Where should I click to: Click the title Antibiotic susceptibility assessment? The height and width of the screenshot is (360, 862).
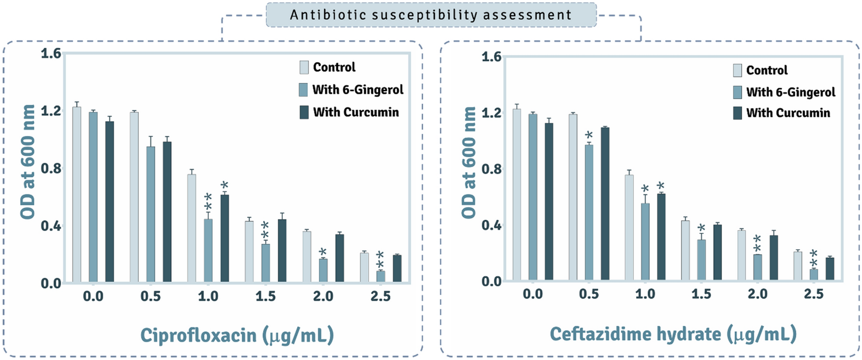pos(431,15)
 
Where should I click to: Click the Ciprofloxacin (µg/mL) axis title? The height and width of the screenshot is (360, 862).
pos(237,336)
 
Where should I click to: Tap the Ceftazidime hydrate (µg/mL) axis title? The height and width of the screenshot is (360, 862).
pos(673,334)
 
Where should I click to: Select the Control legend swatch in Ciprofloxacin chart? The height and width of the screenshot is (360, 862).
pos(304,67)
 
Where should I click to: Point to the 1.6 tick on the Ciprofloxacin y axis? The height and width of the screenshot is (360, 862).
pos(51,53)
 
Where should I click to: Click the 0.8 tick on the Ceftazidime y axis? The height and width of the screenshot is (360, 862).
pos(491,169)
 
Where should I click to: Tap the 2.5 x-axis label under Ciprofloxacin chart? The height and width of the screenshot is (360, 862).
pos(380,296)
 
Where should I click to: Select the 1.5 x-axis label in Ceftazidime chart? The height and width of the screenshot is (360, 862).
pos(701,294)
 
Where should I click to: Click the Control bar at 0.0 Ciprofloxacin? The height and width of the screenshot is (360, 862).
pos(76,195)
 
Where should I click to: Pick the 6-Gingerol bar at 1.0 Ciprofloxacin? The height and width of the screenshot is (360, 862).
pos(208,251)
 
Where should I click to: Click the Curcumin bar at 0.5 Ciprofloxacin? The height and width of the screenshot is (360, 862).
pos(167,212)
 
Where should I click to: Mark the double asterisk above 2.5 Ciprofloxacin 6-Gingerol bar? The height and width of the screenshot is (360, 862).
pos(380,260)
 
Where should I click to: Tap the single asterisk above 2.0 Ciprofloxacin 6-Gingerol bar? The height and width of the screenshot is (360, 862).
pos(322,252)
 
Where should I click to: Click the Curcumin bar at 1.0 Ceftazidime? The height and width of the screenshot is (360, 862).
pos(661,237)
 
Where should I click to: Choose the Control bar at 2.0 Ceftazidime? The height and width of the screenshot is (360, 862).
pos(741,255)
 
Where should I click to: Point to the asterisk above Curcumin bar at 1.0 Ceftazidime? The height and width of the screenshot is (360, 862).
pos(660,186)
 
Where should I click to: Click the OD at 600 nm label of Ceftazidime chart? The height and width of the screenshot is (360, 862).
pos(468,162)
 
